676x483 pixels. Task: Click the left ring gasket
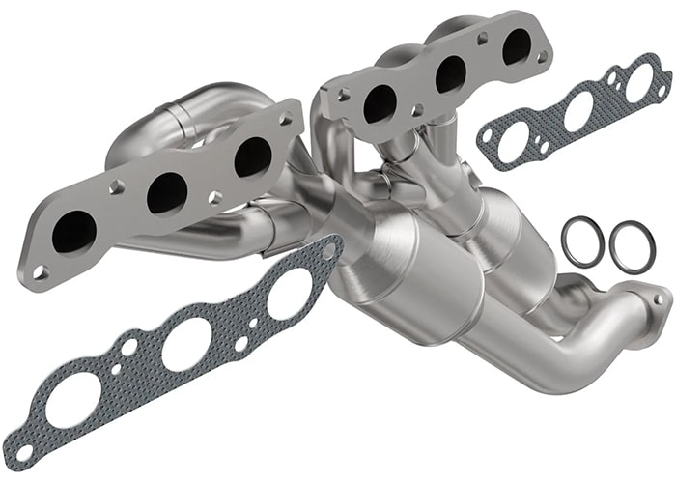(x=583, y=241)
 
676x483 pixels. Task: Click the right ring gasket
(x=632, y=247)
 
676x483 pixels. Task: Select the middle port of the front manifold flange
(x=166, y=192)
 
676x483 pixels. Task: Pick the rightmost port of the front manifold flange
(x=252, y=157)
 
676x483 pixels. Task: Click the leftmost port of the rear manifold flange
(x=379, y=103)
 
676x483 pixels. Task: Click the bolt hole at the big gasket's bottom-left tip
(x=23, y=451)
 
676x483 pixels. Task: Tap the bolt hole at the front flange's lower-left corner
(x=39, y=271)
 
